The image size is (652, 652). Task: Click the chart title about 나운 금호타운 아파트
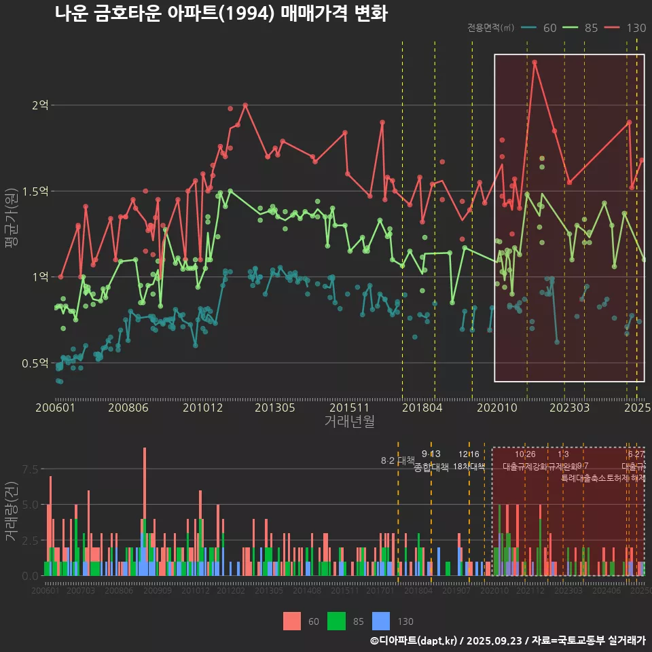[x=221, y=14]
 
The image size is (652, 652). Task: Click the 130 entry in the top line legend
[x=636, y=28]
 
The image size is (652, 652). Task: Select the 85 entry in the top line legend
[x=591, y=28]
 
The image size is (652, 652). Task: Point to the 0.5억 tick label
[x=35, y=363]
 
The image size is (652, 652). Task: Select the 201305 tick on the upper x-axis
[x=274, y=407]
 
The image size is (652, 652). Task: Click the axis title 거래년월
[x=349, y=422]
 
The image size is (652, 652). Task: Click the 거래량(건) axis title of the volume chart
[x=12, y=511]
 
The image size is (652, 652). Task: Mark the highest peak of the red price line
[x=535, y=62]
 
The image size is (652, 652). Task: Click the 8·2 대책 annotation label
[x=397, y=460]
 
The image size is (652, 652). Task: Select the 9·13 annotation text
[x=431, y=454]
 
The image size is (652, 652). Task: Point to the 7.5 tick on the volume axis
[x=30, y=469]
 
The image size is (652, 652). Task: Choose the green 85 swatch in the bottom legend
[x=337, y=621]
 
